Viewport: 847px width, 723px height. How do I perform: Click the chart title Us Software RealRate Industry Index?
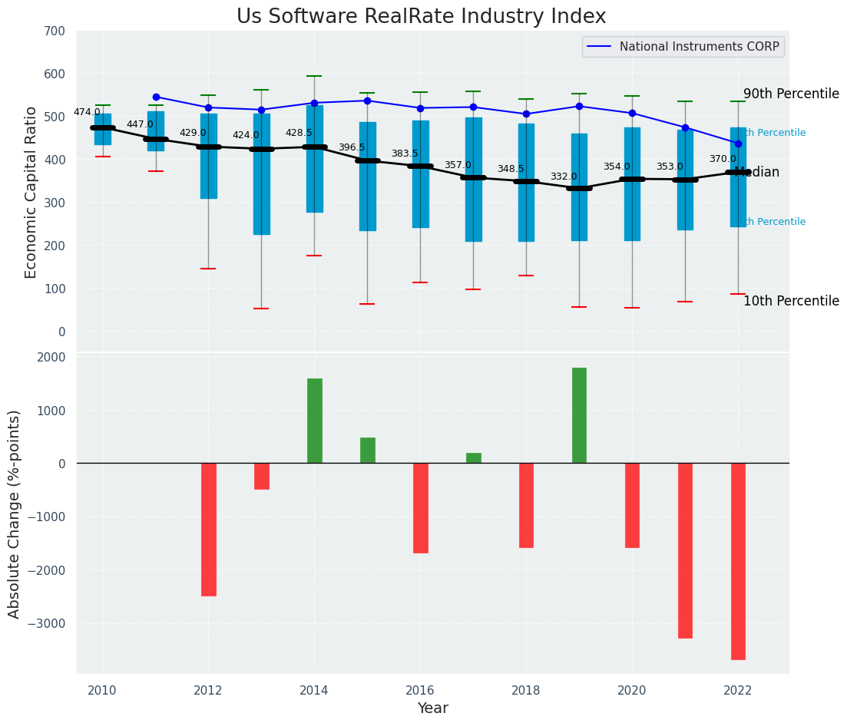click(x=421, y=17)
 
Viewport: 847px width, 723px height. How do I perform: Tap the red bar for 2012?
click(x=209, y=529)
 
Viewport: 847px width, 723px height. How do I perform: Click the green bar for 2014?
click(x=315, y=421)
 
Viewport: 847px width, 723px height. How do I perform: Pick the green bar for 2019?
click(x=579, y=415)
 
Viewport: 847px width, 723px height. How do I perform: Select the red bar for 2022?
click(x=738, y=561)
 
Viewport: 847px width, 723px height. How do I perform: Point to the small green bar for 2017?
click(x=474, y=458)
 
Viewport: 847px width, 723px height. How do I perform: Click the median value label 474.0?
click(x=87, y=112)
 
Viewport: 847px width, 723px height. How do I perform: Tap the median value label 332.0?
click(x=564, y=177)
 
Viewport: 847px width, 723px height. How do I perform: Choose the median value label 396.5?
click(x=352, y=147)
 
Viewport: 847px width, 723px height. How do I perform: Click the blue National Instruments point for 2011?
click(x=156, y=97)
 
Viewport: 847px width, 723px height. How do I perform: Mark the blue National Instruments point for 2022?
click(x=738, y=144)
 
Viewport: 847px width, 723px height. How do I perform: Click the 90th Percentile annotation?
click(x=791, y=94)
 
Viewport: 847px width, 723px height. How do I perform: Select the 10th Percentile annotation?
click(x=791, y=301)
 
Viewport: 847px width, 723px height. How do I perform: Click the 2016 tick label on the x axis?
click(x=420, y=690)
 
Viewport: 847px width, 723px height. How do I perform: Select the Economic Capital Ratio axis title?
click(x=31, y=192)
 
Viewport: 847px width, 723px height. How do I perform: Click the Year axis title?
click(x=432, y=708)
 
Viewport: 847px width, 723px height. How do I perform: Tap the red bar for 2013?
click(x=262, y=476)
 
